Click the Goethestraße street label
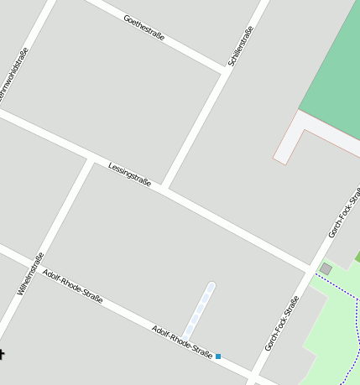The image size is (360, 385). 143,28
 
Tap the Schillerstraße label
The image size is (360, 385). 240,47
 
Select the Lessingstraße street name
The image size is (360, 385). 129,174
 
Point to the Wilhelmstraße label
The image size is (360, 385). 30,273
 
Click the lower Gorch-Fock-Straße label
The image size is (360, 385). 282,323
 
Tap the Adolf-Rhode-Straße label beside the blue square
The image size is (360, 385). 182,339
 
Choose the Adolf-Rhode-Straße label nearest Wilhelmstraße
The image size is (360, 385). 72,286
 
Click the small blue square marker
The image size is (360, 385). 218,356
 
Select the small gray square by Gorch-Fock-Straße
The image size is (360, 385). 326,268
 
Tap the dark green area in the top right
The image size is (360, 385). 336,67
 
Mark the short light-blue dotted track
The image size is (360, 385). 201,306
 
